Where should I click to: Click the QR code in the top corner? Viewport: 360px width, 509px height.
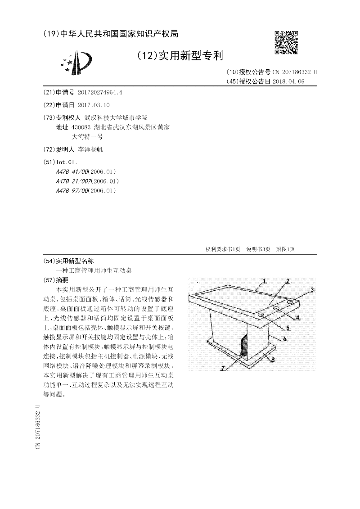point(286,42)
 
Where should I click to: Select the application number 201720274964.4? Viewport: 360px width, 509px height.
point(100,92)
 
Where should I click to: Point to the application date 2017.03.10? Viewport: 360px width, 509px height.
point(94,104)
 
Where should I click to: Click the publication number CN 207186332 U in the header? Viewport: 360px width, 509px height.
point(294,72)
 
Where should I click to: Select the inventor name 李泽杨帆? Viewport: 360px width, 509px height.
point(90,149)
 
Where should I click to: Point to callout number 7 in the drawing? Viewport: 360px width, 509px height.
point(222,368)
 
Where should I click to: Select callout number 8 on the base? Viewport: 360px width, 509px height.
point(272,360)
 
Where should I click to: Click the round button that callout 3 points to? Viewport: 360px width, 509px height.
point(291,301)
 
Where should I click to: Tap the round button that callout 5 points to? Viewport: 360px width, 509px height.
point(261,315)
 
